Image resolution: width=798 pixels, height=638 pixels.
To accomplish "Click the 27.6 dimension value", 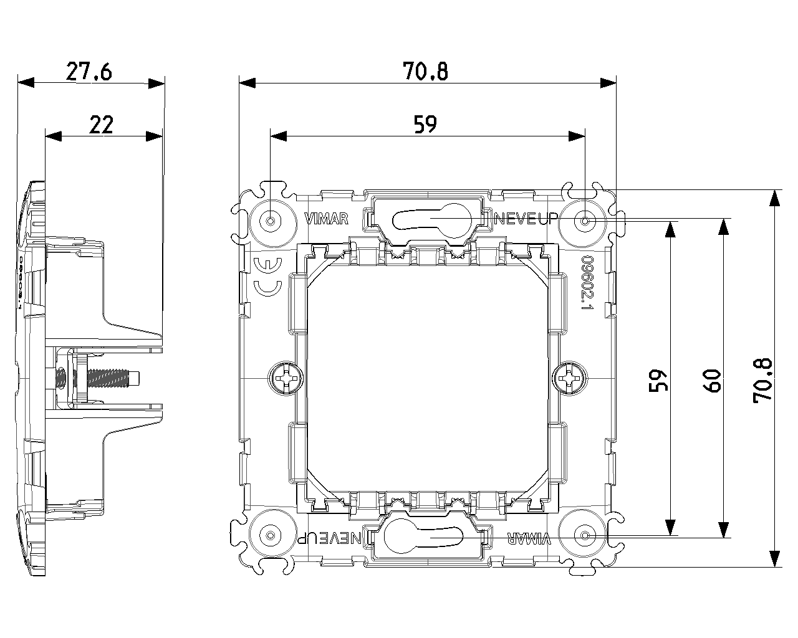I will [x=89, y=72].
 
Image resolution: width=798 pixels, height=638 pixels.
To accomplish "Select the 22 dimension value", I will [x=101, y=125].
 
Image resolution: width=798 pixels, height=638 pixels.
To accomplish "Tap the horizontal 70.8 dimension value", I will [x=425, y=72].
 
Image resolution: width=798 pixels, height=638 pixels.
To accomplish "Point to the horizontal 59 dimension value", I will [x=425, y=125].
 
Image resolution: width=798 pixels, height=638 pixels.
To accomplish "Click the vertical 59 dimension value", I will [x=658, y=379].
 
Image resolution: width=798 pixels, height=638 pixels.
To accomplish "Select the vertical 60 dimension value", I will [x=712, y=379].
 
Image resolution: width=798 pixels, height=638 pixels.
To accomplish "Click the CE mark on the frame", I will [x=268, y=276].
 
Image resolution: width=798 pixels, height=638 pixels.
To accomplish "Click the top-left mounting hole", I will [x=271, y=221].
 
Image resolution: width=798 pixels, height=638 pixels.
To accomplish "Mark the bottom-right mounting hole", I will [x=585, y=536].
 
